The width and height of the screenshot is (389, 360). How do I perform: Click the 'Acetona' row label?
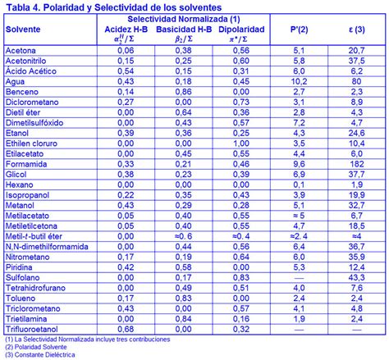pyautogui.click(x=21, y=50)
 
